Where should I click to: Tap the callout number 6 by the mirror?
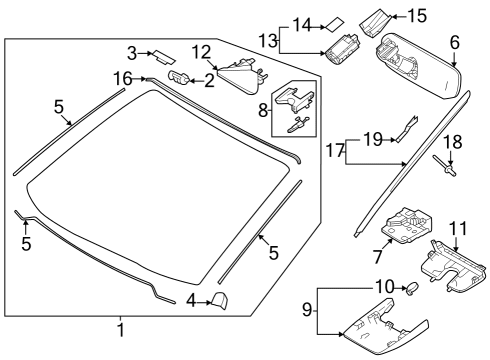pos(454,42)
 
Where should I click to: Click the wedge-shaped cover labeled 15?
pos(379,18)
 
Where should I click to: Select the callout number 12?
pos(202,51)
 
